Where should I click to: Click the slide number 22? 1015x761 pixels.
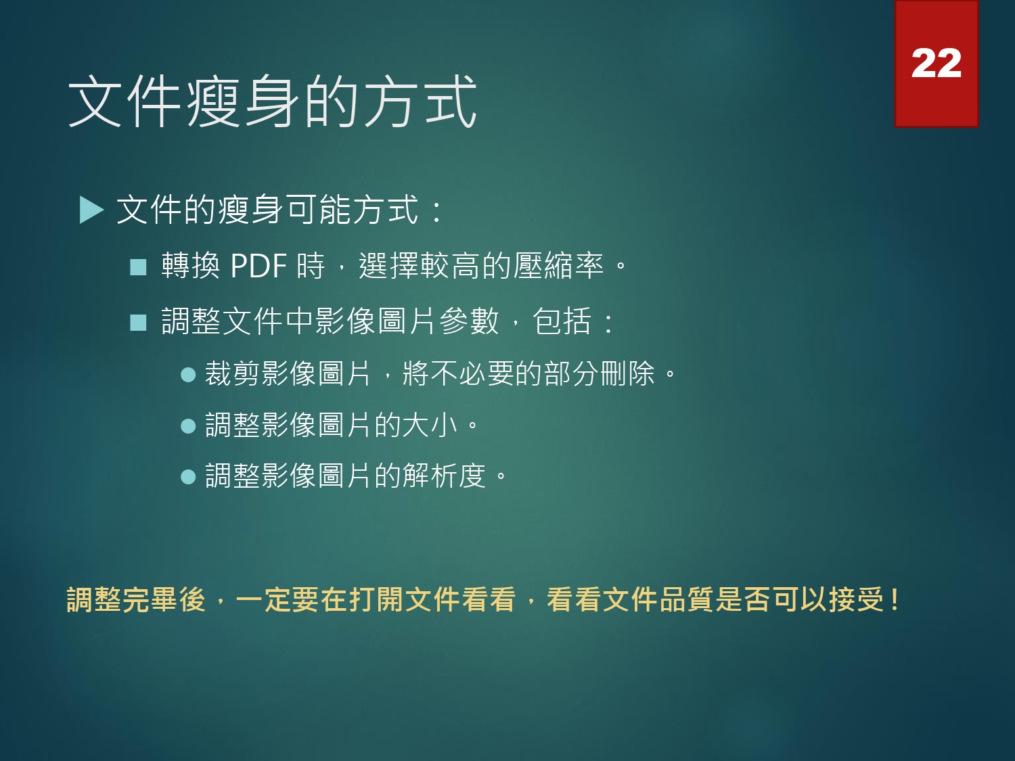(936, 64)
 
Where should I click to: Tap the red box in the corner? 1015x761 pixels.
(937, 64)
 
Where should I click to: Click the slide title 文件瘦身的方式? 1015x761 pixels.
(273, 101)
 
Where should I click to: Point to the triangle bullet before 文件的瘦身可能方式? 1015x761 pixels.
(91, 210)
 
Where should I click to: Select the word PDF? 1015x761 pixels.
(258, 266)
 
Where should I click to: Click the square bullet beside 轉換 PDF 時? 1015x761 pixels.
(138, 267)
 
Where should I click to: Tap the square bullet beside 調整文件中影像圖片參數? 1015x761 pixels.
(138, 323)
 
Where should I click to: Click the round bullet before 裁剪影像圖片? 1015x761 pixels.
(188, 374)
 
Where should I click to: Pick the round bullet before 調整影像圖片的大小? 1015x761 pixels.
(188, 426)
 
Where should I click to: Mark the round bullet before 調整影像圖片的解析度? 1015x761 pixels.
(188, 477)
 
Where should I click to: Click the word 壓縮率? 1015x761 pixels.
(558, 266)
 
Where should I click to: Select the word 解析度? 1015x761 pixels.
(444, 476)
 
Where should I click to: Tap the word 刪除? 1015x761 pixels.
(627, 373)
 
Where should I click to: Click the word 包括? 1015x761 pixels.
(562, 321)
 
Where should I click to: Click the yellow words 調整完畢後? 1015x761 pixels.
(136, 600)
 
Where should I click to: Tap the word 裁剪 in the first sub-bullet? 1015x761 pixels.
(233, 373)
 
